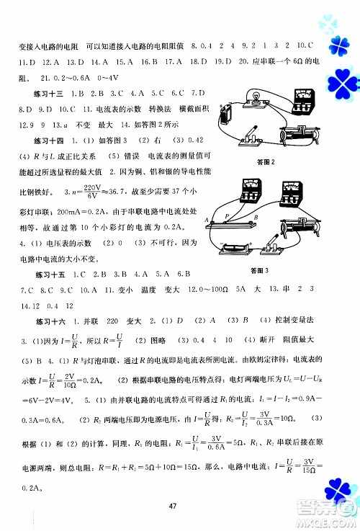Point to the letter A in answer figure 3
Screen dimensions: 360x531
pos(206,220)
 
